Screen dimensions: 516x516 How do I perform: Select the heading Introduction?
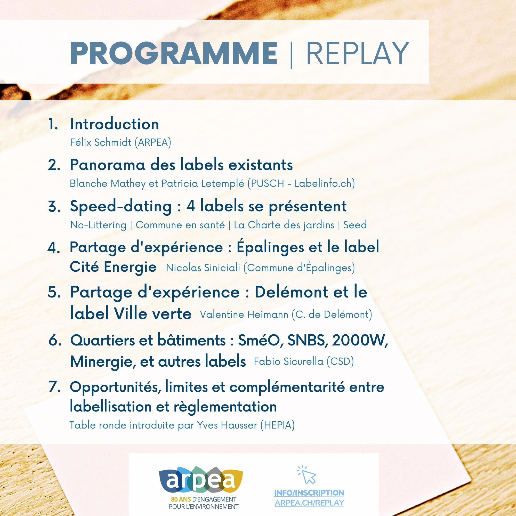[114, 124]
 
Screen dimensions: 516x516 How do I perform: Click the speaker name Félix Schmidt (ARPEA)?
[120, 142]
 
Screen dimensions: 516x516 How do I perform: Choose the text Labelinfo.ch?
[323, 183]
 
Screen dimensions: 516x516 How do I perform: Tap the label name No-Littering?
[98, 225]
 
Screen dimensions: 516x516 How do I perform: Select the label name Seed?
[355, 225]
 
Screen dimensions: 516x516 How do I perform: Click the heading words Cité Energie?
[113, 267]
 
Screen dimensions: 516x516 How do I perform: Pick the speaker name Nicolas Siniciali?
[203, 268]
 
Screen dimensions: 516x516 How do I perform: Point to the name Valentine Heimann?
[244, 314]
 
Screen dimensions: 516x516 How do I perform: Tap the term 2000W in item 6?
[359, 341]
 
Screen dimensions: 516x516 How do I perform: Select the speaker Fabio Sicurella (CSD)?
[304, 361]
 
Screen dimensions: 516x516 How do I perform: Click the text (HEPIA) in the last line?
[278, 425]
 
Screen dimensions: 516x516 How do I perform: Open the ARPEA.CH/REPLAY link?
[309, 503]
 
